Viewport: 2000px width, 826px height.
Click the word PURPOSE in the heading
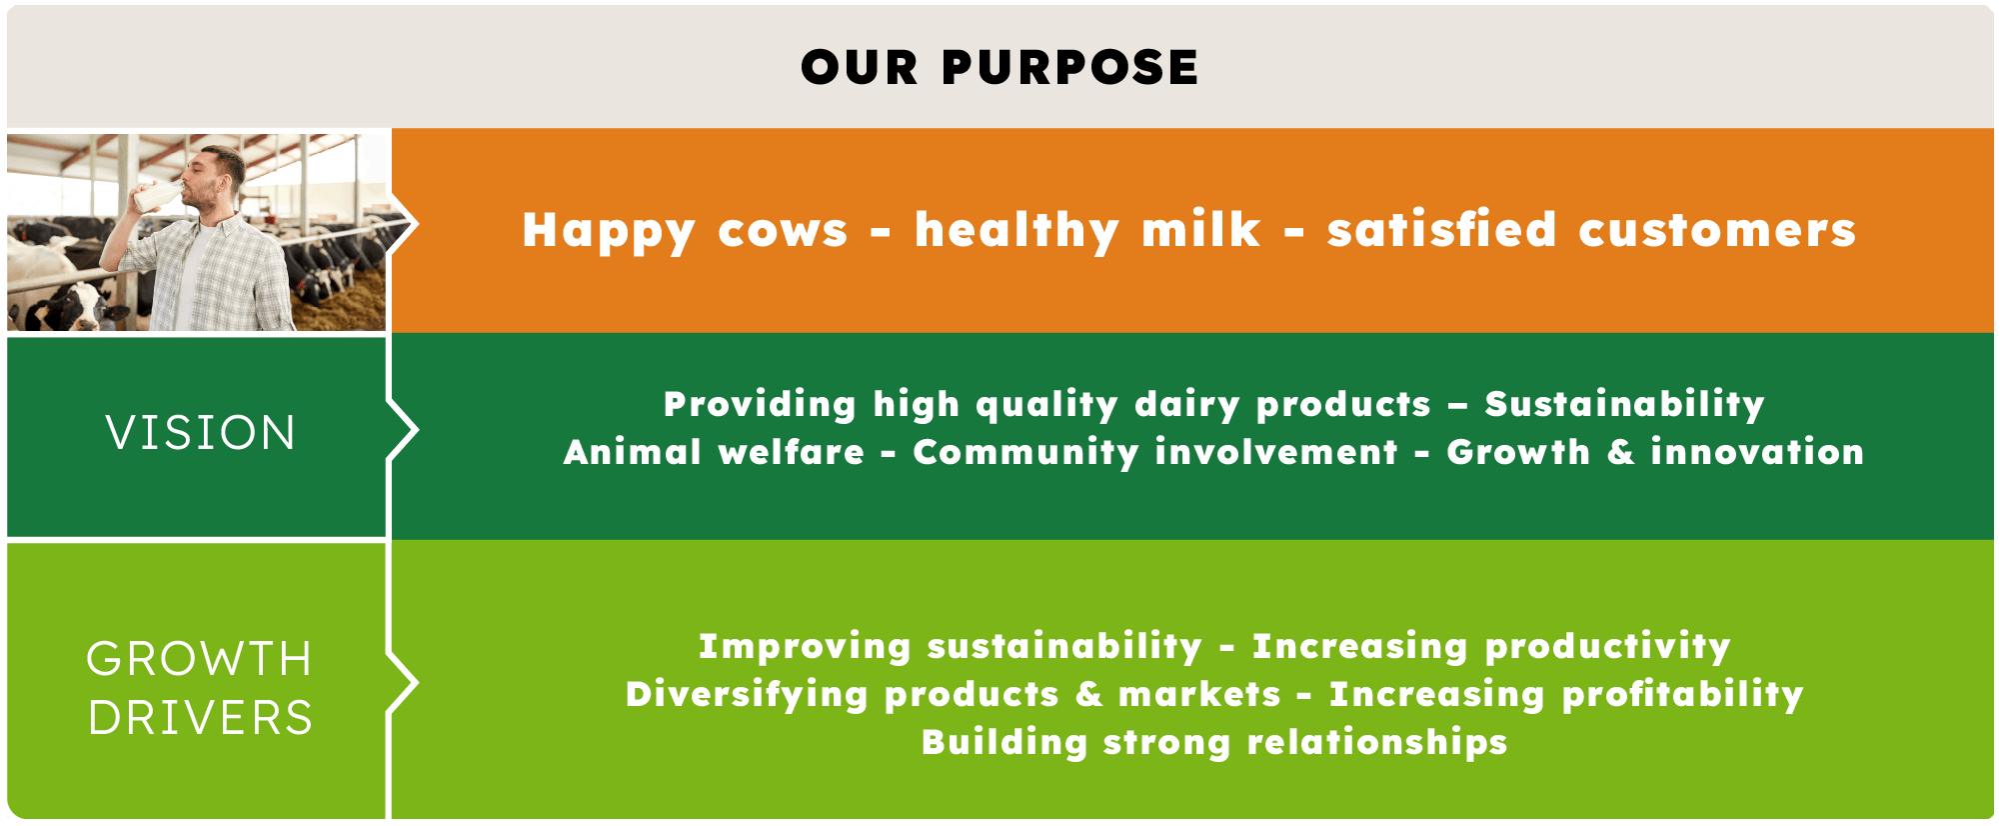tap(1069, 68)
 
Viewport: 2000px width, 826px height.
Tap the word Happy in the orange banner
tap(609, 232)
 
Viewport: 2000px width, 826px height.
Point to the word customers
tap(1717, 230)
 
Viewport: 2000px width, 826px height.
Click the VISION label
tap(201, 433)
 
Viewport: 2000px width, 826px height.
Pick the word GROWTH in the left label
tap(200, 659)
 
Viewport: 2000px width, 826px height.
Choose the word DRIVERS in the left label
tap(201, 718)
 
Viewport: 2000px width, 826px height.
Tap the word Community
tap(1025, 453)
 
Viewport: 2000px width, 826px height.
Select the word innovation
tap(1757, 451)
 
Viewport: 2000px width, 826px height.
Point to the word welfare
tap(792, 451)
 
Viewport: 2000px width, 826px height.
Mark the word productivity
tap(1607, 647)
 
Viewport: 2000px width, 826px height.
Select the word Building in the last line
tap(1004, 743)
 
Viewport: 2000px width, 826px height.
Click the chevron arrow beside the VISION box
tap(402, 431)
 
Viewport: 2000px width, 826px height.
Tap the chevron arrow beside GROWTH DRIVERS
tap(402, 683)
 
